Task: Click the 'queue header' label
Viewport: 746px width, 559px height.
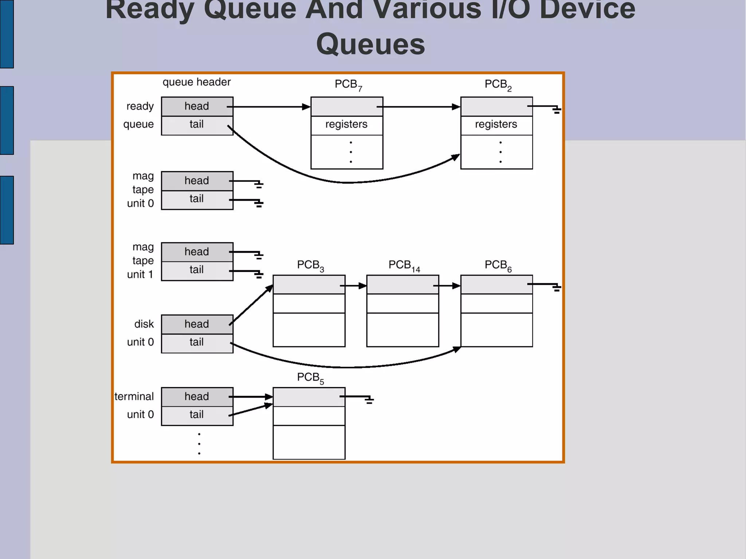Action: tap(196, 82)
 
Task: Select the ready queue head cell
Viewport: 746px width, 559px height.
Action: tap(197, 106)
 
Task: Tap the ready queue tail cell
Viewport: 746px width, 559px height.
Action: tap(197, 125)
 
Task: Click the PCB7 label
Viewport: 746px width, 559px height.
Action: tap(348, 84)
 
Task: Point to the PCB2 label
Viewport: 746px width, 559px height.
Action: tap(498, 84)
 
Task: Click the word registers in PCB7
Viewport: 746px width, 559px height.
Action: tap(346, 124)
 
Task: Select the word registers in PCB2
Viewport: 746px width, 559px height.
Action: tap(496, 124)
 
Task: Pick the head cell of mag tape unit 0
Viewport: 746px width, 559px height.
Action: tap(197, 181)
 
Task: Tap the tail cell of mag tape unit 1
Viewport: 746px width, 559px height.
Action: tap(197, 270)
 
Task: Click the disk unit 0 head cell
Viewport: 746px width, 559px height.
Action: tap(197, 324)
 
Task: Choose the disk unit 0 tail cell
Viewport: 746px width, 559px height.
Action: tap(197, 343)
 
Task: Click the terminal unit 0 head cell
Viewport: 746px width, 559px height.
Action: tap(197, 397)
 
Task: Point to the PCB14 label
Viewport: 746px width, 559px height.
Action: tap(404, 265)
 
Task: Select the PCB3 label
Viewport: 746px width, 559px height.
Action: tap(310, 265)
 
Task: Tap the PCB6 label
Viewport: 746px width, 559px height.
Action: tap(498, 265)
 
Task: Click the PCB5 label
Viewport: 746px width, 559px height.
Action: tap(310, 378)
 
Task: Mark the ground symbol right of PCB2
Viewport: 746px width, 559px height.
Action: tap(556, 110)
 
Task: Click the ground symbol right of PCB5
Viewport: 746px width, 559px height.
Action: tap(369, 400)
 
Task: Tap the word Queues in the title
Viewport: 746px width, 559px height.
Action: tap(370, 44)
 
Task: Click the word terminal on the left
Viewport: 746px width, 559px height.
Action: tap(134, 396)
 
